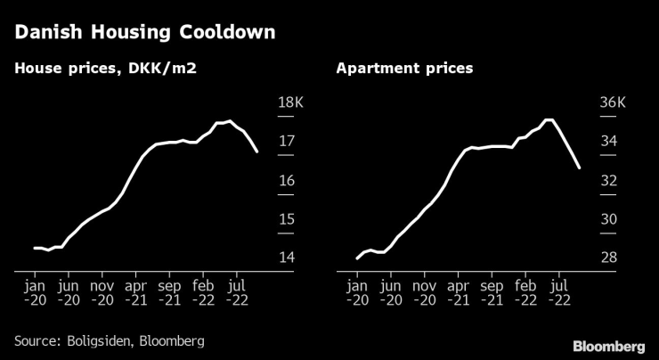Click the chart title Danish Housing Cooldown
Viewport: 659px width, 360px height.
(143, 34)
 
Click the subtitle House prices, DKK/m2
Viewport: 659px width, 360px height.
(105, 68)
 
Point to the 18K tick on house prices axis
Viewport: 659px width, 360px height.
(291, 103)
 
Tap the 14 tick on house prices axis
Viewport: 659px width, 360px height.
(286, 258)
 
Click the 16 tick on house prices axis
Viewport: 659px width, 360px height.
(286, 181)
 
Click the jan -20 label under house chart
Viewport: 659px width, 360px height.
(36, 293)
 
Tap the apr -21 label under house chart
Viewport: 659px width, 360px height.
(136, 293)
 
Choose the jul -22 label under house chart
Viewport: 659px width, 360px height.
(237, 293)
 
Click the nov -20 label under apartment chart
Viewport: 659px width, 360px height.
(424, 293)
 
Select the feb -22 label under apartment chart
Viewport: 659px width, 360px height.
(526, 293)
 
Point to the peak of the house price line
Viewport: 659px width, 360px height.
(231, 121)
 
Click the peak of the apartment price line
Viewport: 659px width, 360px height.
(549, 119)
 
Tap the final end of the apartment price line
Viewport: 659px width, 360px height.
(580, 168)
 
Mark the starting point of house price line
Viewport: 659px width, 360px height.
(35, 248)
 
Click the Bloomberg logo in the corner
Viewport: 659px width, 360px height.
(608, 346)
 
